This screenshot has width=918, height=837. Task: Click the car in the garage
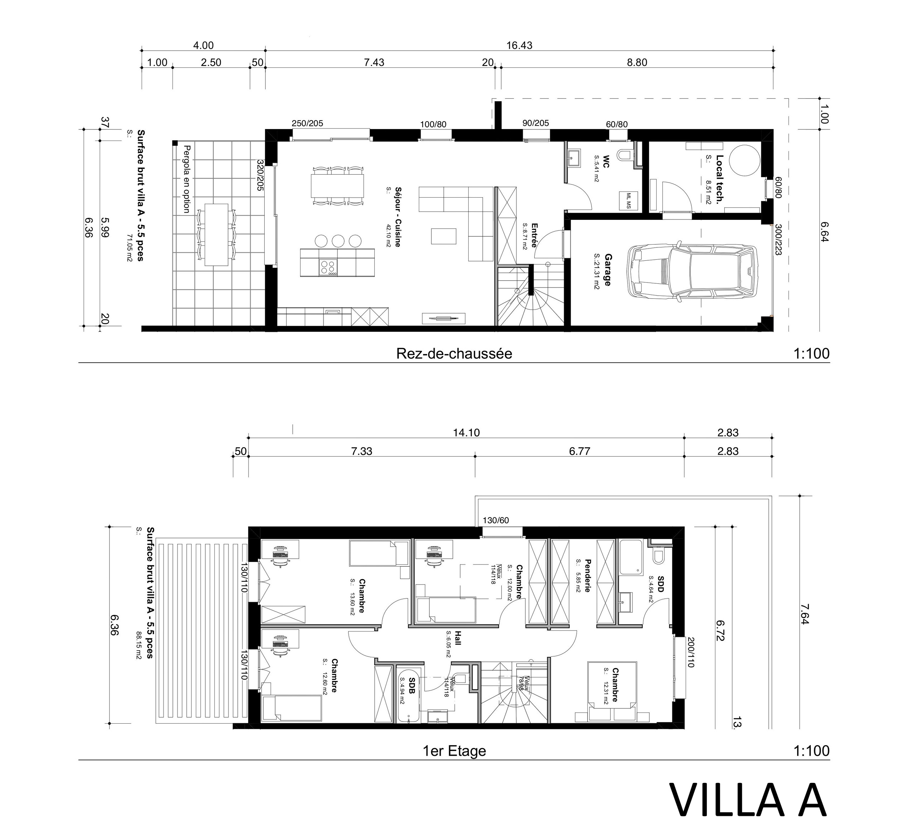(x=691, y=272)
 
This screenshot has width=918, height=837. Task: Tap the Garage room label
(x=607, y=270)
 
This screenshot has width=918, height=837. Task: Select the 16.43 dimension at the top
(x=519, y=46)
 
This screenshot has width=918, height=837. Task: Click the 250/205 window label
(x=307, y=123)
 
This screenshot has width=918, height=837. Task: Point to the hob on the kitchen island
(x=329, y=267)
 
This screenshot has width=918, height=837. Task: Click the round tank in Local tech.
(x=744, y=160)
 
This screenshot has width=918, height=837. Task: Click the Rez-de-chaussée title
(x=454, y=354)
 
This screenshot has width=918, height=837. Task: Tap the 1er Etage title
(x=454, y=751)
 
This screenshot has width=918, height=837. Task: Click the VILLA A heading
(x=748, y=801)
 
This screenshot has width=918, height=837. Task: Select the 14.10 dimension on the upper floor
(x=466, y=432)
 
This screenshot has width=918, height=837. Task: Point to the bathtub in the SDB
(x=408, y=695)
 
